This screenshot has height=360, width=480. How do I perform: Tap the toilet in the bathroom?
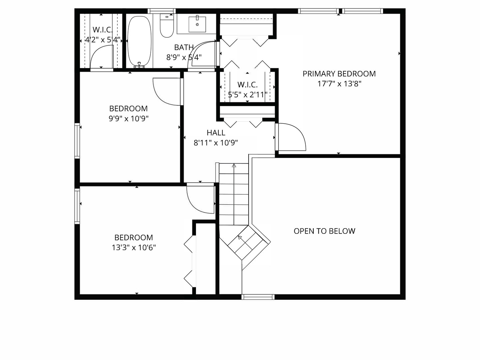166,26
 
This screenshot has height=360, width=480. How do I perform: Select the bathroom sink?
197,24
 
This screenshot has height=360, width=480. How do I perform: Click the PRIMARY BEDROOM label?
339,74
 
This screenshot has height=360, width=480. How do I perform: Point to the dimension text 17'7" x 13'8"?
339,84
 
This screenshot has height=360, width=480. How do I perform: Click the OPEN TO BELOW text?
324,231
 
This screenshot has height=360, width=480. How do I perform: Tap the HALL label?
216,133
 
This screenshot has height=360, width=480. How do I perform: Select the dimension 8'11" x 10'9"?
216,143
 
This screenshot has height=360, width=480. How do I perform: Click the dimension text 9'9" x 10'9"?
128,119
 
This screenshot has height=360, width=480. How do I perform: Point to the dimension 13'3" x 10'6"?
134,248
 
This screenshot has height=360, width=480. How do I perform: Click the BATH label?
184,47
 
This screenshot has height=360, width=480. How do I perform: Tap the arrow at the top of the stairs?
234,165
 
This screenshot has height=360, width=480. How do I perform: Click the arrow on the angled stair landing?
240,237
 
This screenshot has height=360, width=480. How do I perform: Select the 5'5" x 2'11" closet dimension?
247,95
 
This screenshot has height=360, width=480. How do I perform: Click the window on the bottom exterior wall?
258,297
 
